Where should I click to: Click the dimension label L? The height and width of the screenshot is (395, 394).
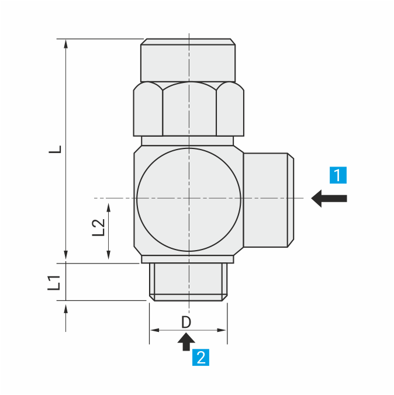pyautogui.click(x=55, y=150)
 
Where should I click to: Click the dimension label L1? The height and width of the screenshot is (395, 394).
pyautogui.click(x=54, y=283)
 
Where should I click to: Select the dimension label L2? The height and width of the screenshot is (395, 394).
pyautogui.click(x=99, y=227)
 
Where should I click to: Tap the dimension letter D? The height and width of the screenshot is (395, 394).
pyautogui.click(x=186, y=322)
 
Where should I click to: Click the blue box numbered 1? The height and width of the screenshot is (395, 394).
pyautogui.click(x=338, y=175)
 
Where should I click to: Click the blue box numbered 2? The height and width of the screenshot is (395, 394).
pyautogui.click(x=201, y=357)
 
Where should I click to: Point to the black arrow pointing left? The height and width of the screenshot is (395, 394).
pyautogui.click(x=329, y=198)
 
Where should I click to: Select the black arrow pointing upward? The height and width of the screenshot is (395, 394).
pyautogui.click(x=186, y=341)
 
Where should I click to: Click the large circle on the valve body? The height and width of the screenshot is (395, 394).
pyautogui.click(x=188, y=199)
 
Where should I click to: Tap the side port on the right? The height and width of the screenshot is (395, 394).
pyautogui.click(x=268, y=199)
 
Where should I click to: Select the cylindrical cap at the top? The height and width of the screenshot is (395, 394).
pyautogui.click(x=188, y=60)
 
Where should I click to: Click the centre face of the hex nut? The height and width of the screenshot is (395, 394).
pyautogui.click(x=189, y=109)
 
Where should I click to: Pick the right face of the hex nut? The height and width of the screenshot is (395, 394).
pyautogui.click(x=230, y=109)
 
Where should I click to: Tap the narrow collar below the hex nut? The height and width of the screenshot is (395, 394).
pyautogui.click(x=188, y=140)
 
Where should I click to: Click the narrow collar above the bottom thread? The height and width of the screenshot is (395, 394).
pyautogui.click(x=188, y=259)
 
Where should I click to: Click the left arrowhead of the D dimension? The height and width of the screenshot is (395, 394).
pyautogui.click(x=154, y=330)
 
